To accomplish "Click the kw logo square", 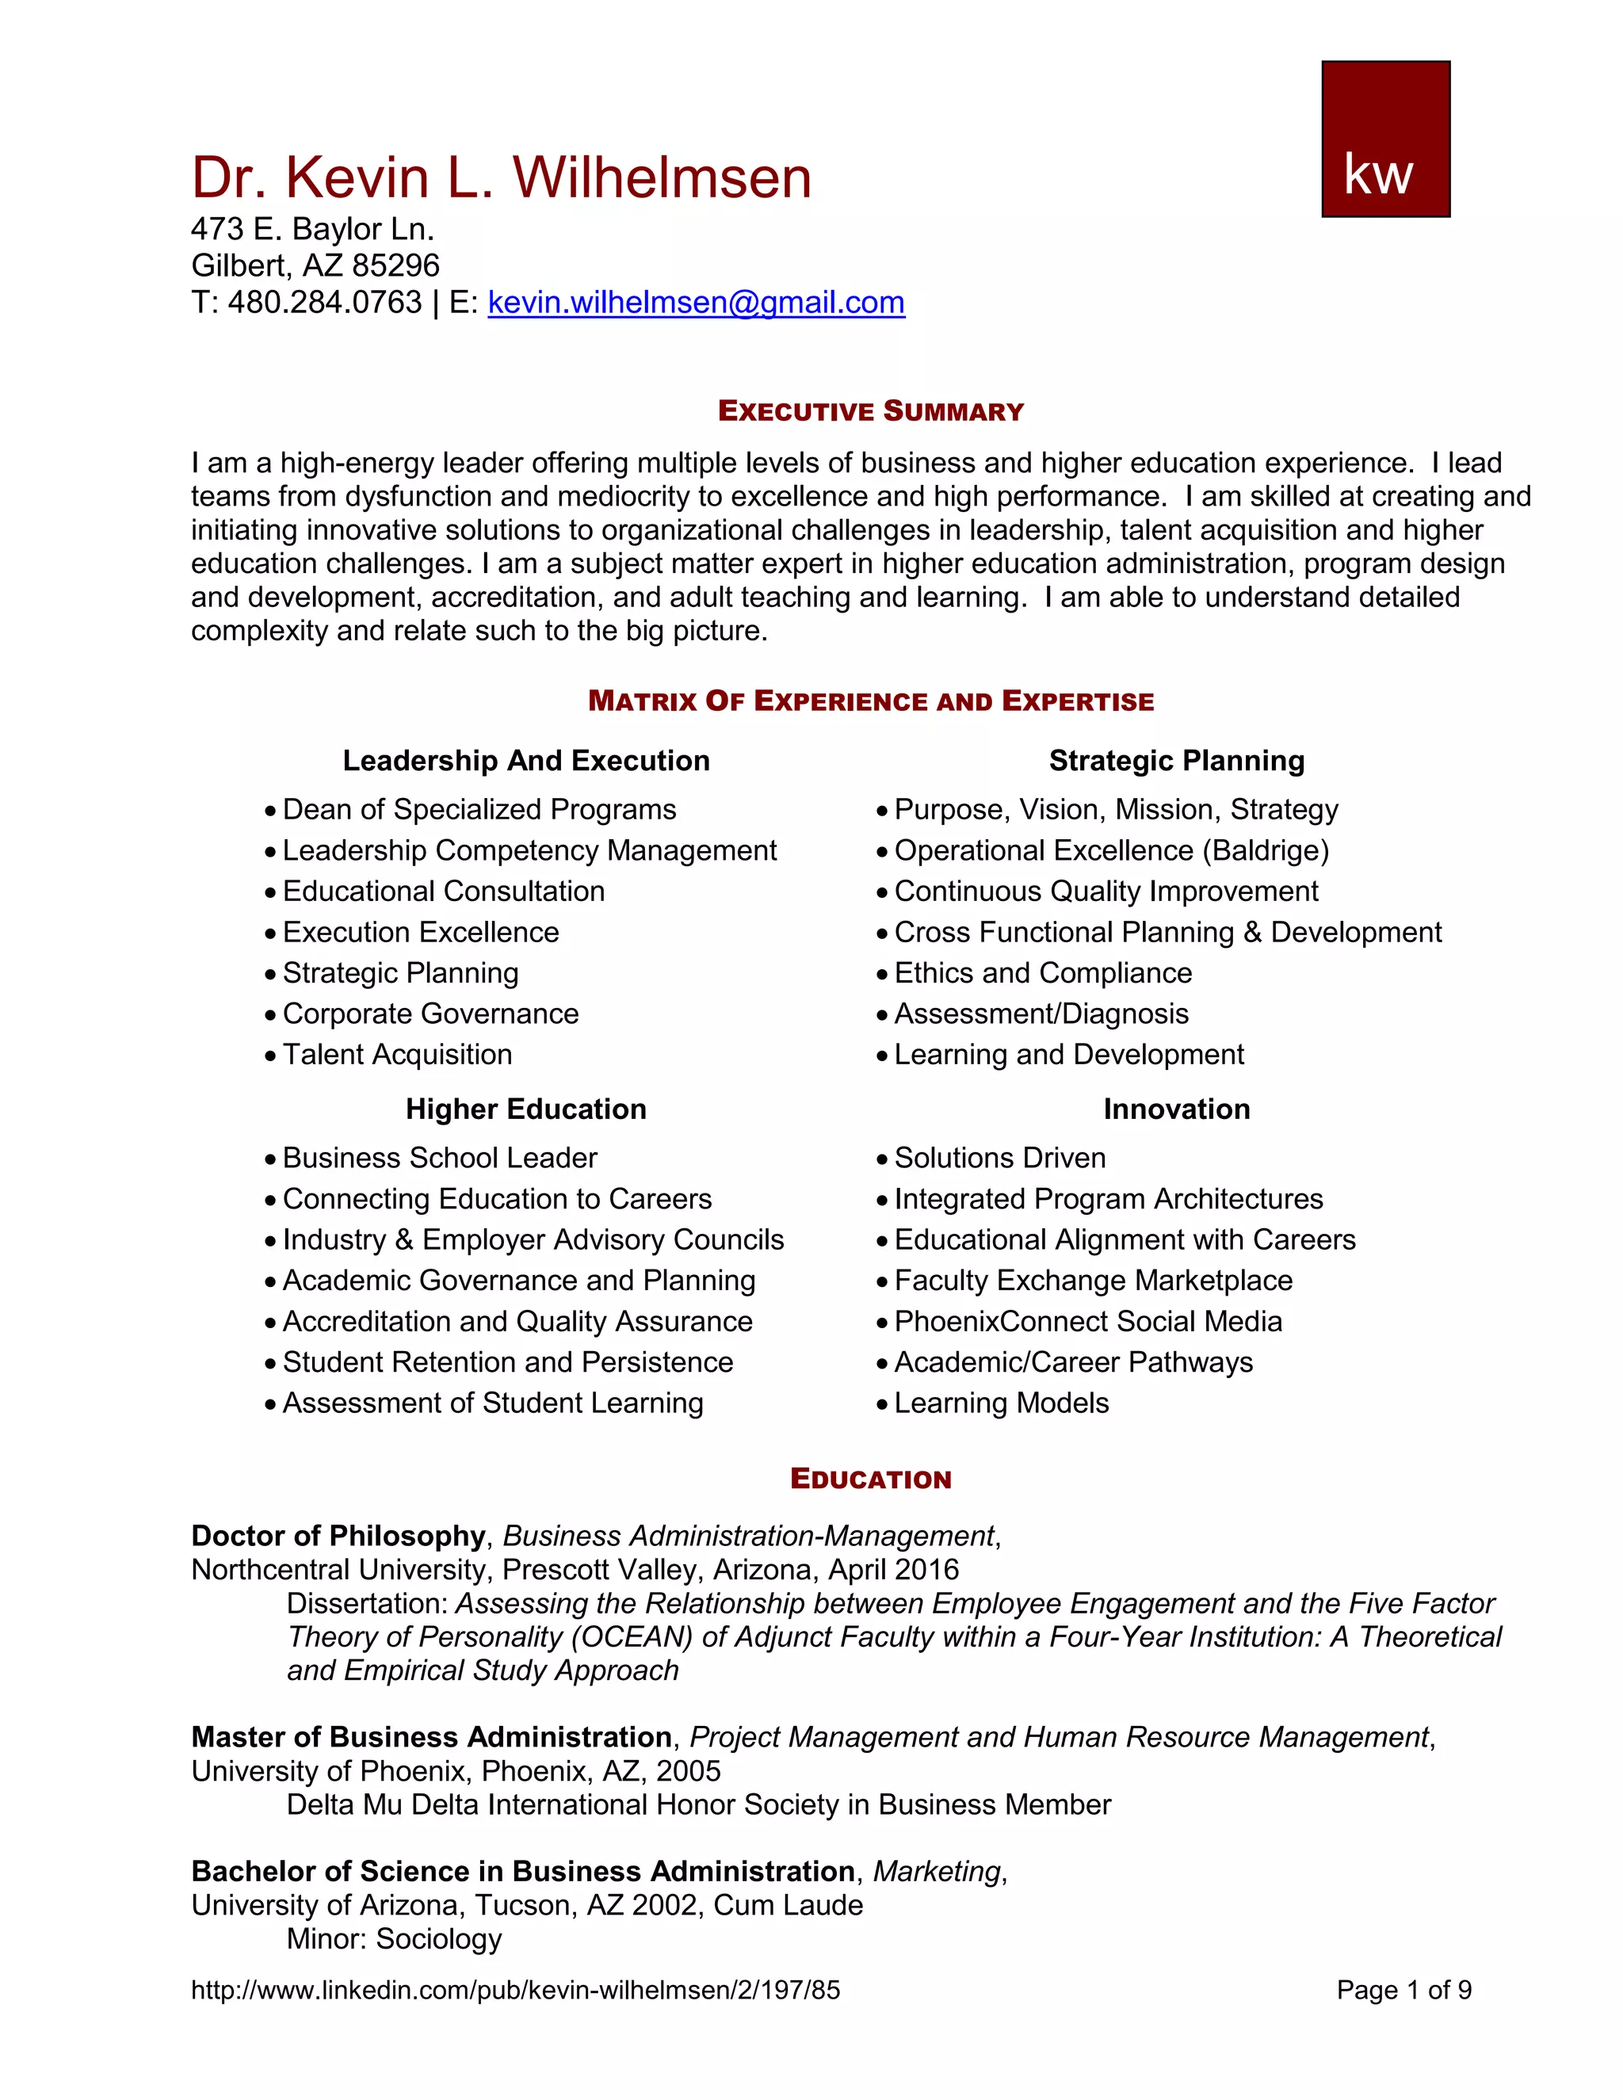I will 1384,139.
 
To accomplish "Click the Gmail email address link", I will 696,303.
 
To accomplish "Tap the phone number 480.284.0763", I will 324,303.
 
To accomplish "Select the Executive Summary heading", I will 870,411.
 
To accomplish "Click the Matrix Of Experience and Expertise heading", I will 870,701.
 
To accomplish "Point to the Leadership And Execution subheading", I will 526,761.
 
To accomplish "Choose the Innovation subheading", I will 1176,1109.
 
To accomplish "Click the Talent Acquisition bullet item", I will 397,1055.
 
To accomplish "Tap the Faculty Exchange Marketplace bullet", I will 1093,1281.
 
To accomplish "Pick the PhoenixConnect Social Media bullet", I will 1087,1322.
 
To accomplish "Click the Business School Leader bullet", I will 439,1158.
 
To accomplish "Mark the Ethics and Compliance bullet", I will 1042,973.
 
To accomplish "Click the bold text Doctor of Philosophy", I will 338,1536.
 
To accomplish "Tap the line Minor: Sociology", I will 394,1938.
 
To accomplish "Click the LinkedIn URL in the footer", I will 515,1989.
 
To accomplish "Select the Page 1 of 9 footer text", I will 1403,1989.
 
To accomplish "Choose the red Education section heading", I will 870,1479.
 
